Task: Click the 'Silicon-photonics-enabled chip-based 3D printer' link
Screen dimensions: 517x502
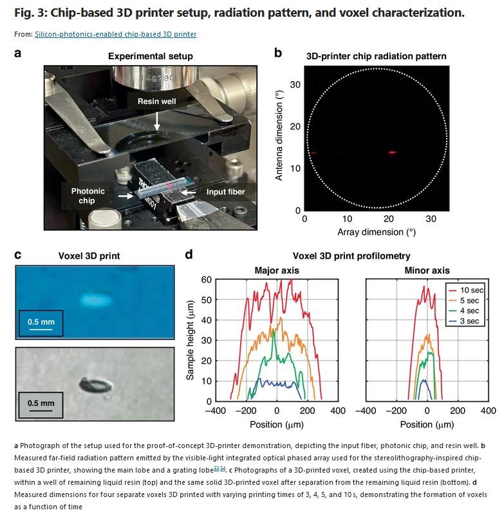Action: [115, 34]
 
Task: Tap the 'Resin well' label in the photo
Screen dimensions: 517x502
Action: [156, 102]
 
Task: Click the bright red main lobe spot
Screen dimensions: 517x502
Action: [391, 153]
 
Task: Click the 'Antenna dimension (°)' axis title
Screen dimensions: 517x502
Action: [279, 135]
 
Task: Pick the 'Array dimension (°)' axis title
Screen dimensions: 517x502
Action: [375, 230]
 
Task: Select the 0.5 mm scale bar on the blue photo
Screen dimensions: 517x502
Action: [40, 328]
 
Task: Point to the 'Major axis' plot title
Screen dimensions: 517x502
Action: [277, 270]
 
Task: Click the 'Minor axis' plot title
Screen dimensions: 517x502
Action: [427, 270]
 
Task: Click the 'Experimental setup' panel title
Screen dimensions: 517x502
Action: [150, 57]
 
